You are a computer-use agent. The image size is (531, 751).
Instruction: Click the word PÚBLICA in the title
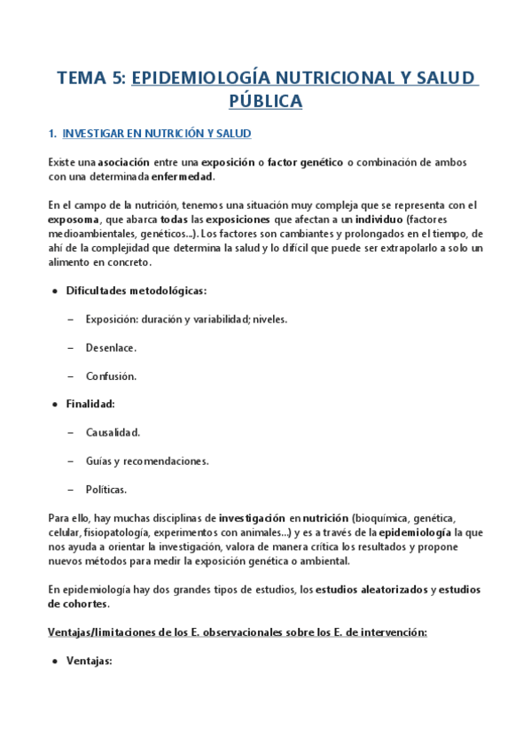(x=265, y=101)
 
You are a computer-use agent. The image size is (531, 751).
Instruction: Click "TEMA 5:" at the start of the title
(x=91, y=78)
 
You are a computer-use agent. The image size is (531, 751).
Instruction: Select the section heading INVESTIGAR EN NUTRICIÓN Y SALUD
(x=157, y=134)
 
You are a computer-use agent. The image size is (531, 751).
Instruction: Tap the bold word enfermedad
(x=184, y=176)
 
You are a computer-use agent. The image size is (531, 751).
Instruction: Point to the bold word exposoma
(x=73, y=219)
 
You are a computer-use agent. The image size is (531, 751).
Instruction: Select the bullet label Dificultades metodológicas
(x=137, y=290)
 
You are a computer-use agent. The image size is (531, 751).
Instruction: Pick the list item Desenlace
(x=111, y=348)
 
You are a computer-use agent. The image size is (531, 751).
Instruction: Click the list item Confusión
(x=111, y=376)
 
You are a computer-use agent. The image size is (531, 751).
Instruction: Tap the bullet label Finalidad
(x=90, y=404)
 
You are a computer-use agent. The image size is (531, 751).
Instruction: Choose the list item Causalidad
(x=113, y=432)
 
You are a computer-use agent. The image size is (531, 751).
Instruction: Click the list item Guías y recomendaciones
(x=147, y=461)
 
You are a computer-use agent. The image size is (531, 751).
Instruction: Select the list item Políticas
(x=106, y=489)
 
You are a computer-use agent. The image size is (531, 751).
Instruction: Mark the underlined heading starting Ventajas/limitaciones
(x=238, y=632)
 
